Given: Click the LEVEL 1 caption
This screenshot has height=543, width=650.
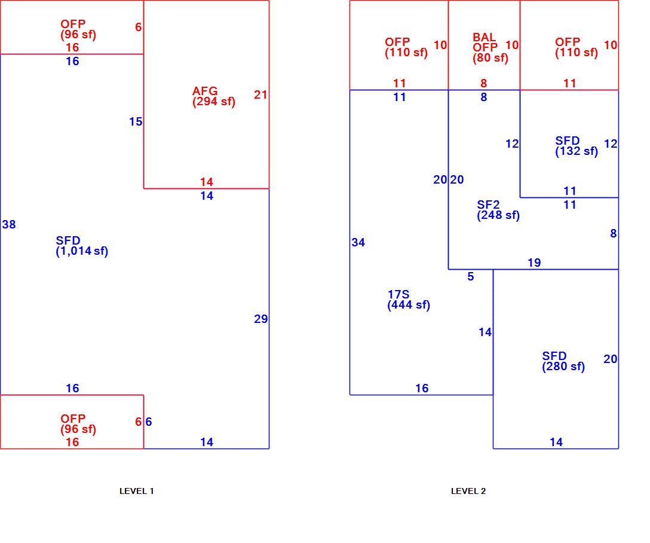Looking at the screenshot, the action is (x=136, y=491).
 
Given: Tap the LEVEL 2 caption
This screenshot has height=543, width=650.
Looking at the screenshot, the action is (x=468, y=491).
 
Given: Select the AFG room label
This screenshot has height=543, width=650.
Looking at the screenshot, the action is (x=205, y=91).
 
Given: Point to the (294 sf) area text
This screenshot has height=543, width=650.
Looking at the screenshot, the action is (x=214, y=102).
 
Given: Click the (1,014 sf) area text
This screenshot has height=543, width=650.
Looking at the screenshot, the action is (x=82, y=251).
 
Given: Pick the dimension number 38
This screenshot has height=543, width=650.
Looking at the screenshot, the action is (x=9, y=224).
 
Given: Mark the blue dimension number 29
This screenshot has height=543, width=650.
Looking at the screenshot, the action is (x=260, y=319).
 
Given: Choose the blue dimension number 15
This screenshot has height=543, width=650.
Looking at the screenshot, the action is (x=136, y=121).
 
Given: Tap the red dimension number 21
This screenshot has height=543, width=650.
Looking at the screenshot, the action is (x=260, y=94).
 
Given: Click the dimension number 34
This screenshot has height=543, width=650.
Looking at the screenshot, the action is (x=358, y=242).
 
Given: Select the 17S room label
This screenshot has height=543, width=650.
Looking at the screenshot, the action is (x=398, y=294).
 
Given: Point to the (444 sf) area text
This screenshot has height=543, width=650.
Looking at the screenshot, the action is (x=409, y=305).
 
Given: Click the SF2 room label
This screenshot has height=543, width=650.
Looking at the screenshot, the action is (x=488, y=205).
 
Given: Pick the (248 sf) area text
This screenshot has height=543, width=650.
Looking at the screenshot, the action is (x=498, y=215).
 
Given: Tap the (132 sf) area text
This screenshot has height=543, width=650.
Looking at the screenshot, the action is (x=577, y=151).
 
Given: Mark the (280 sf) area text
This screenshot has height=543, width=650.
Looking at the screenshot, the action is (x=563, y=367).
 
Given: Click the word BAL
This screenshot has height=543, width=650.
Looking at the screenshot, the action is (x=484, y=37).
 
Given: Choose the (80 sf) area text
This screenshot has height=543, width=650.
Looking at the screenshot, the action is (x=490, y=57).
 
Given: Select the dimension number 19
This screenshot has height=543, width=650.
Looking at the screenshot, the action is (x=534, y=263).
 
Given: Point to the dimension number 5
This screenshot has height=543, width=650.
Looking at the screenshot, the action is (x=471, y=277).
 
